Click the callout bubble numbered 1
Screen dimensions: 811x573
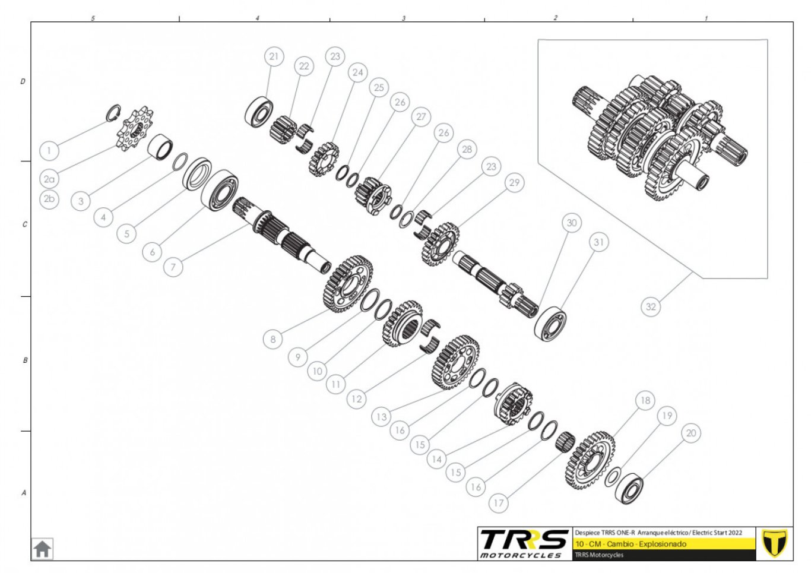pyautogui.click(x=49, y=150)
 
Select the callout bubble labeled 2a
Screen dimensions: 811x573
pyautogui.click(x=49, y=179)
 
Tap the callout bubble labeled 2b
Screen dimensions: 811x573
pyautogui.click(x=49, y=198)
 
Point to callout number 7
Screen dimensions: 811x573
pyautogui.click(x=173, y=267)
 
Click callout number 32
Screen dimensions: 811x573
pyautogui.click(x=651, y=306)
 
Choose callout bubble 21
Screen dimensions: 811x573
pyautogui.click(x=274, y=56)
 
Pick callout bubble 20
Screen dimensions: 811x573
pyautogui.click(x=691, y=433)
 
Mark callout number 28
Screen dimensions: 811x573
pyautogui.click(x=467, y=149)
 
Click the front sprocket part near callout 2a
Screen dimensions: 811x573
pyautogui.click(x=135, y=129)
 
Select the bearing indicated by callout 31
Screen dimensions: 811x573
pyautogui.click(x=550, y=324)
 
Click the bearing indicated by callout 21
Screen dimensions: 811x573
pyautogui.click(x=259, y=111)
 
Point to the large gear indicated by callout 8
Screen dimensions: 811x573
pyautogui.click(x=347, y=284)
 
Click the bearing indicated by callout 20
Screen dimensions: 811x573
pyautogui.click(x=629, y=487)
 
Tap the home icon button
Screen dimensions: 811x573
pyautogui.click(x=42, y=549)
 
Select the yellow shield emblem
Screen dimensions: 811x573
pyautogui.click(x=774, y=543)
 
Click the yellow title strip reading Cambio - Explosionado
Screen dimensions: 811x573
pyautogui.click(x=664, y=544)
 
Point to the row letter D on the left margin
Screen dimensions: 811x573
pyautogui.click(x=23, y=81)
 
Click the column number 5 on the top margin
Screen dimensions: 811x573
pyautogui.click(x=93, y=18)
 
